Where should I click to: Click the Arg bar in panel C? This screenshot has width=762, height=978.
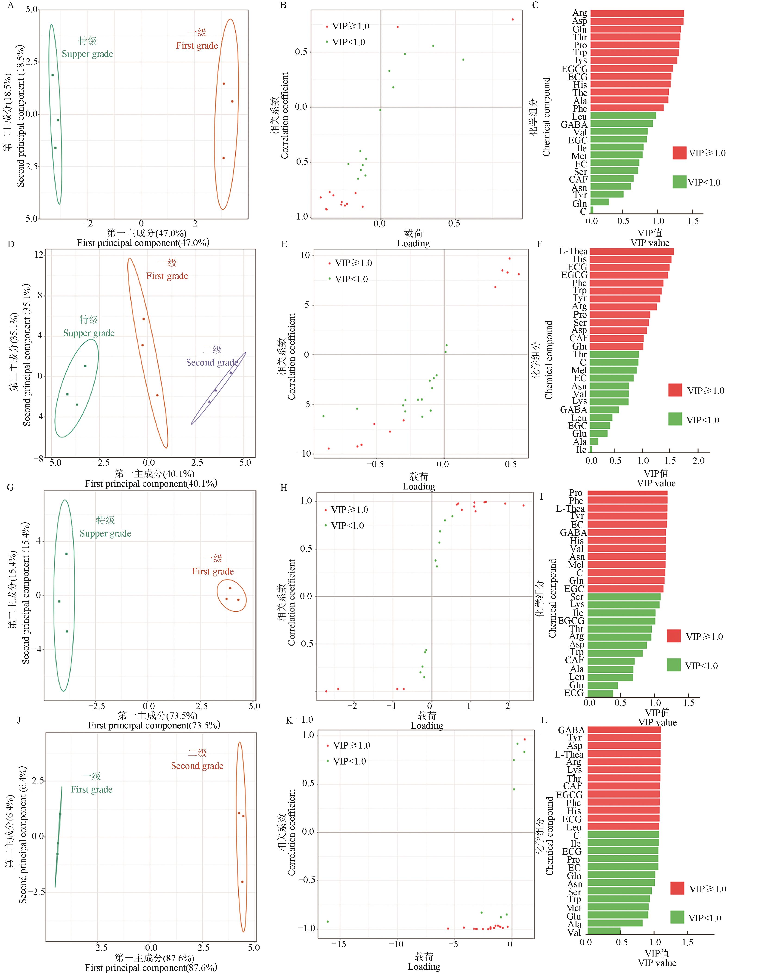click(x=637, y=13)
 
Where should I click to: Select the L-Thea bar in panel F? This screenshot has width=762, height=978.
click(x=631, y=252)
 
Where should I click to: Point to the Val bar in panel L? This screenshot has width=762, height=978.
click(x=604, y=932)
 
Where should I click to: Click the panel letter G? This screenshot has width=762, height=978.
click(x=11, y=487)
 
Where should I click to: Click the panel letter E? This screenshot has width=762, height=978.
click(x=284, y=244)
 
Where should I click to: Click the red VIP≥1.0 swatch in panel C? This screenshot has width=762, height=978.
click(x=679, y=153)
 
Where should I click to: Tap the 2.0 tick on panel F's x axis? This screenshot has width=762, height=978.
click(x=698, y=461)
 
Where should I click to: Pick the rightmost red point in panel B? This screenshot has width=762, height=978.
click(x=513, y=19)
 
